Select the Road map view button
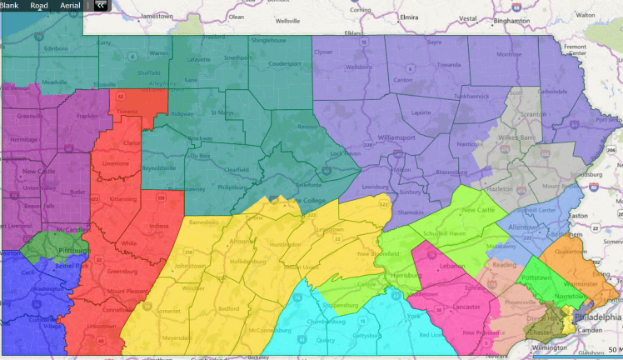(39, 5)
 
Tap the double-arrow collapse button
(100, 5)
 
